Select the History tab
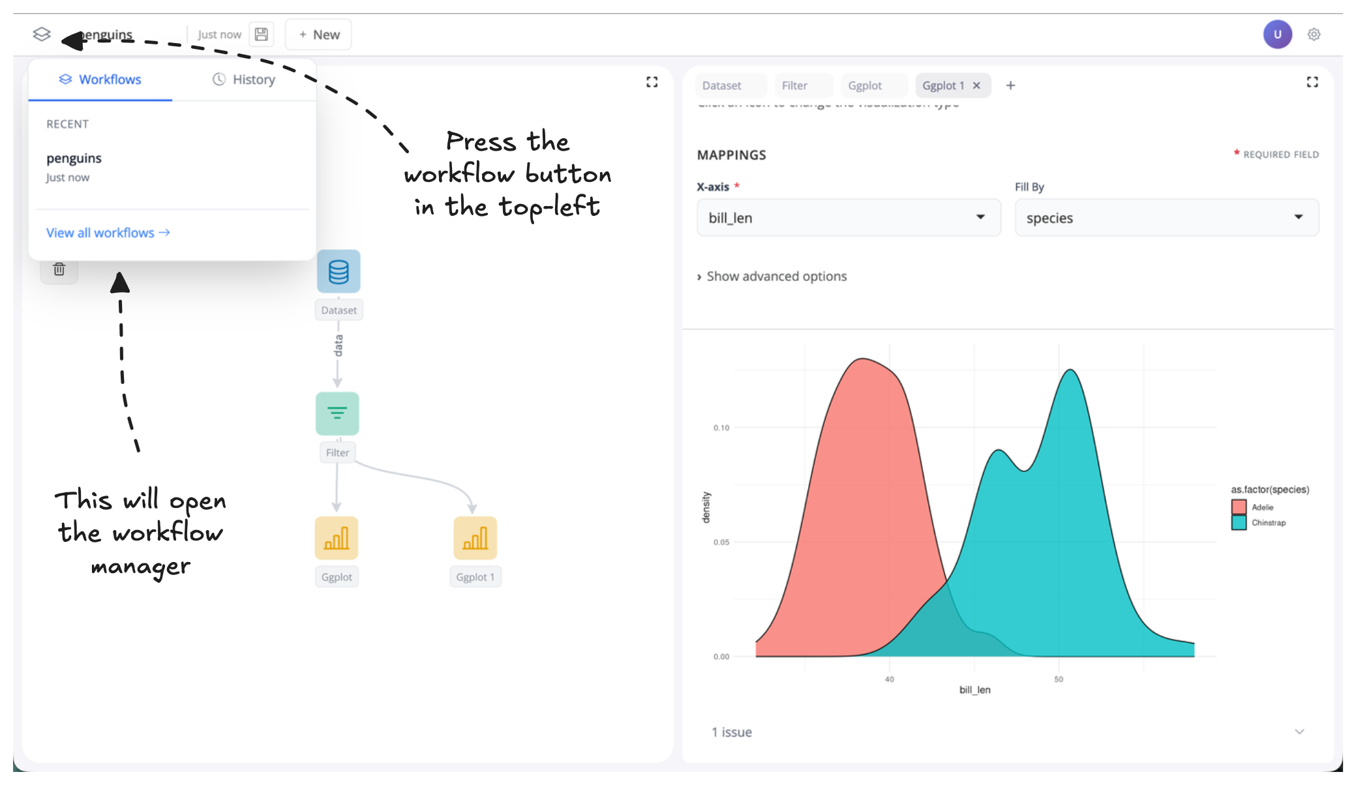click(x=244, y=80)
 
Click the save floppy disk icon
click(x=262, y=35)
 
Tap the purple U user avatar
click(x=1277, y=35)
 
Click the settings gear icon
click(x=1314, y=35)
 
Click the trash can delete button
click(x=59, y=269)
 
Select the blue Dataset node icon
click(x=339, y=271)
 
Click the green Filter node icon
click(x=337, y=413)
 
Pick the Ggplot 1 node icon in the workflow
click(x=475, y=538)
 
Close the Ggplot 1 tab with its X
click(x=976, y=85)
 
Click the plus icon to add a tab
click(x=1010, y=85)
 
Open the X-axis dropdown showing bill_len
click(x=848, y=218)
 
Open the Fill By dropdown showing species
click(x=1166, y=218)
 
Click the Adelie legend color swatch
click(x=1239, y=507)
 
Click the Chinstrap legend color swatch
click(x=1239, y=523)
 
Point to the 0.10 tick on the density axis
click(x=721, y=428)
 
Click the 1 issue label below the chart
click(x=732, y=732)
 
